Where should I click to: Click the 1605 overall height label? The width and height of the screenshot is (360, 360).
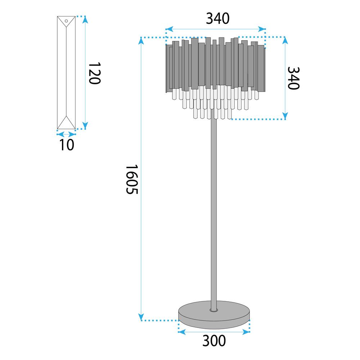click(x=132, y=179)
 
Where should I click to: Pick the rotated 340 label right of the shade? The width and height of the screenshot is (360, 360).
click(x=293, y=78)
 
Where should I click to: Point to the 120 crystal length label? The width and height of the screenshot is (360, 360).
click(x=94, y=73)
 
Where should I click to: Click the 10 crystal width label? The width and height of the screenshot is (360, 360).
click(x=66, y=144)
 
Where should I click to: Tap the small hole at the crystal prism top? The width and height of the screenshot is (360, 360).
click(x=66, y=21)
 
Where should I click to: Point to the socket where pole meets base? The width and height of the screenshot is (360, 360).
click(x=213, y=310)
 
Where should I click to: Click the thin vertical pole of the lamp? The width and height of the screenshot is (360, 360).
click(x=213, y=216)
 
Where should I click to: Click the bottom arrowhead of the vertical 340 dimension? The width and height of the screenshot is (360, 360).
click(x=285, y=116)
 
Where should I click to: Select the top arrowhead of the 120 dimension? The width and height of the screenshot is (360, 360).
click(x=85, y=19)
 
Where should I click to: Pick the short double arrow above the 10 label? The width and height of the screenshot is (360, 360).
click(x=66, y=134)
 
